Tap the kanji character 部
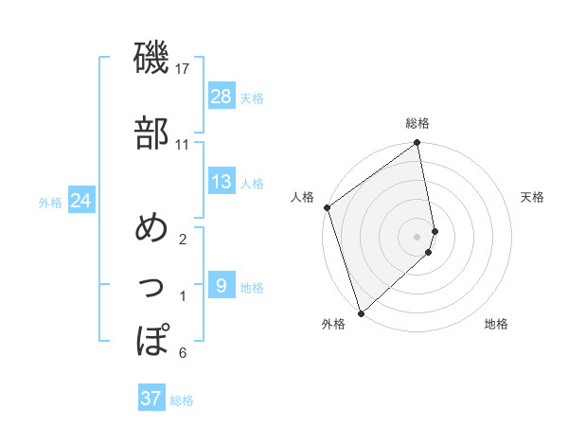[151, 133]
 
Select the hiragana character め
[151, 228]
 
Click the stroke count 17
[184, 69]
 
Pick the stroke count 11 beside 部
[182, 145]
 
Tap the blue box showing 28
[222, 96]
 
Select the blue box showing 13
[222, 182]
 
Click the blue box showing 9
[222, 285]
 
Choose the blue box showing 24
[80, 201]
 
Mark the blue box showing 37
[151, 399]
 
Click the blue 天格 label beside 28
[252, 98]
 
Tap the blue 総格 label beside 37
[182, 400]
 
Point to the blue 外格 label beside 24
[50, 203]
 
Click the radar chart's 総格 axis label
[417, 123]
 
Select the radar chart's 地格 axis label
[496, 325]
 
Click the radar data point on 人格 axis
[327, 207]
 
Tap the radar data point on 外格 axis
[361, 312]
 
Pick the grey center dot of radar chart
[417, 236]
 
